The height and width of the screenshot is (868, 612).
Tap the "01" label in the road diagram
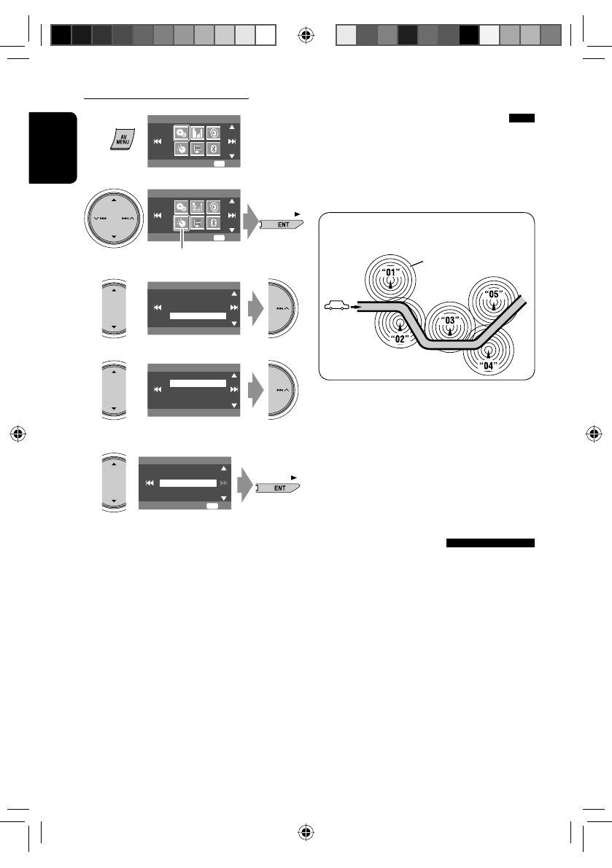point(390,274)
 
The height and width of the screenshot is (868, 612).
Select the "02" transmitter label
point(398,339)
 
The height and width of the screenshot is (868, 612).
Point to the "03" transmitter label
point(450,320)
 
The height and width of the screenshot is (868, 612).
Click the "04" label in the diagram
point(489,367)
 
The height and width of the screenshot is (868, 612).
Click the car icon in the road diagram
point(335,307)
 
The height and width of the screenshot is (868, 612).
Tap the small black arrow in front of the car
point(356,307)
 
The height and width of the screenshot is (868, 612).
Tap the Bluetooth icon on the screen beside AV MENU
point(214,149)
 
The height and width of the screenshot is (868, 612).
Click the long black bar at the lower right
point(490,543)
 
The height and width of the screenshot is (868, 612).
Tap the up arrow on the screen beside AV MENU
point(232,126)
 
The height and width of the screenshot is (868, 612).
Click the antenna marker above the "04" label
point(489,351)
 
